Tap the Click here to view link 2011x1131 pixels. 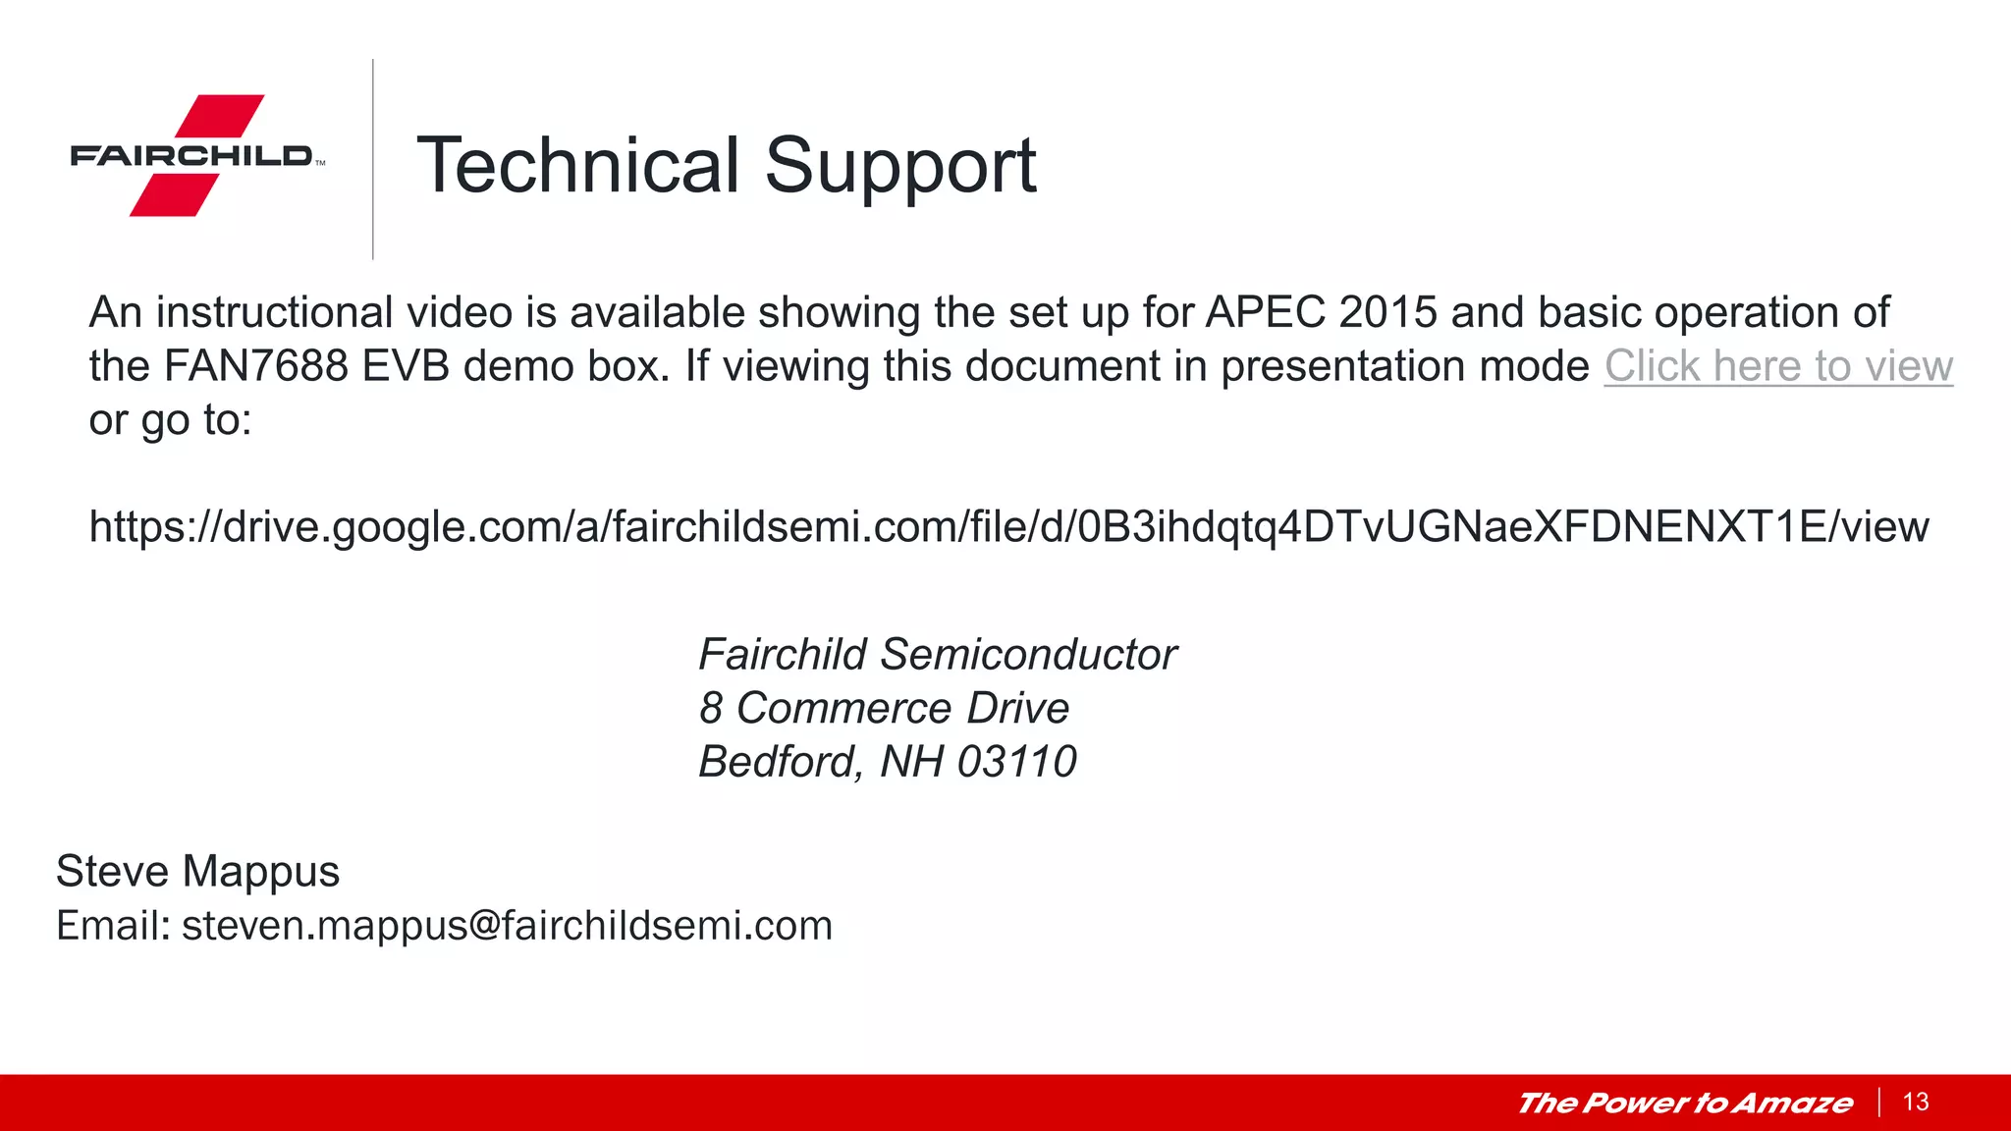[1778, 366]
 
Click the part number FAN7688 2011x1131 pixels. [255, 366]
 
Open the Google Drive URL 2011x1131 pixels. [1008, 527]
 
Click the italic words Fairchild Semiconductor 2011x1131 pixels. [937, 655]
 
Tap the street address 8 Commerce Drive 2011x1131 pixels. [884, 708]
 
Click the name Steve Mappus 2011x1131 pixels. [197, 872]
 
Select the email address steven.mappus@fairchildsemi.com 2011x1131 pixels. [507, 926]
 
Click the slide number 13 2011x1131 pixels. [1916, 1102]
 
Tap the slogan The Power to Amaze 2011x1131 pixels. [1685, 1103]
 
